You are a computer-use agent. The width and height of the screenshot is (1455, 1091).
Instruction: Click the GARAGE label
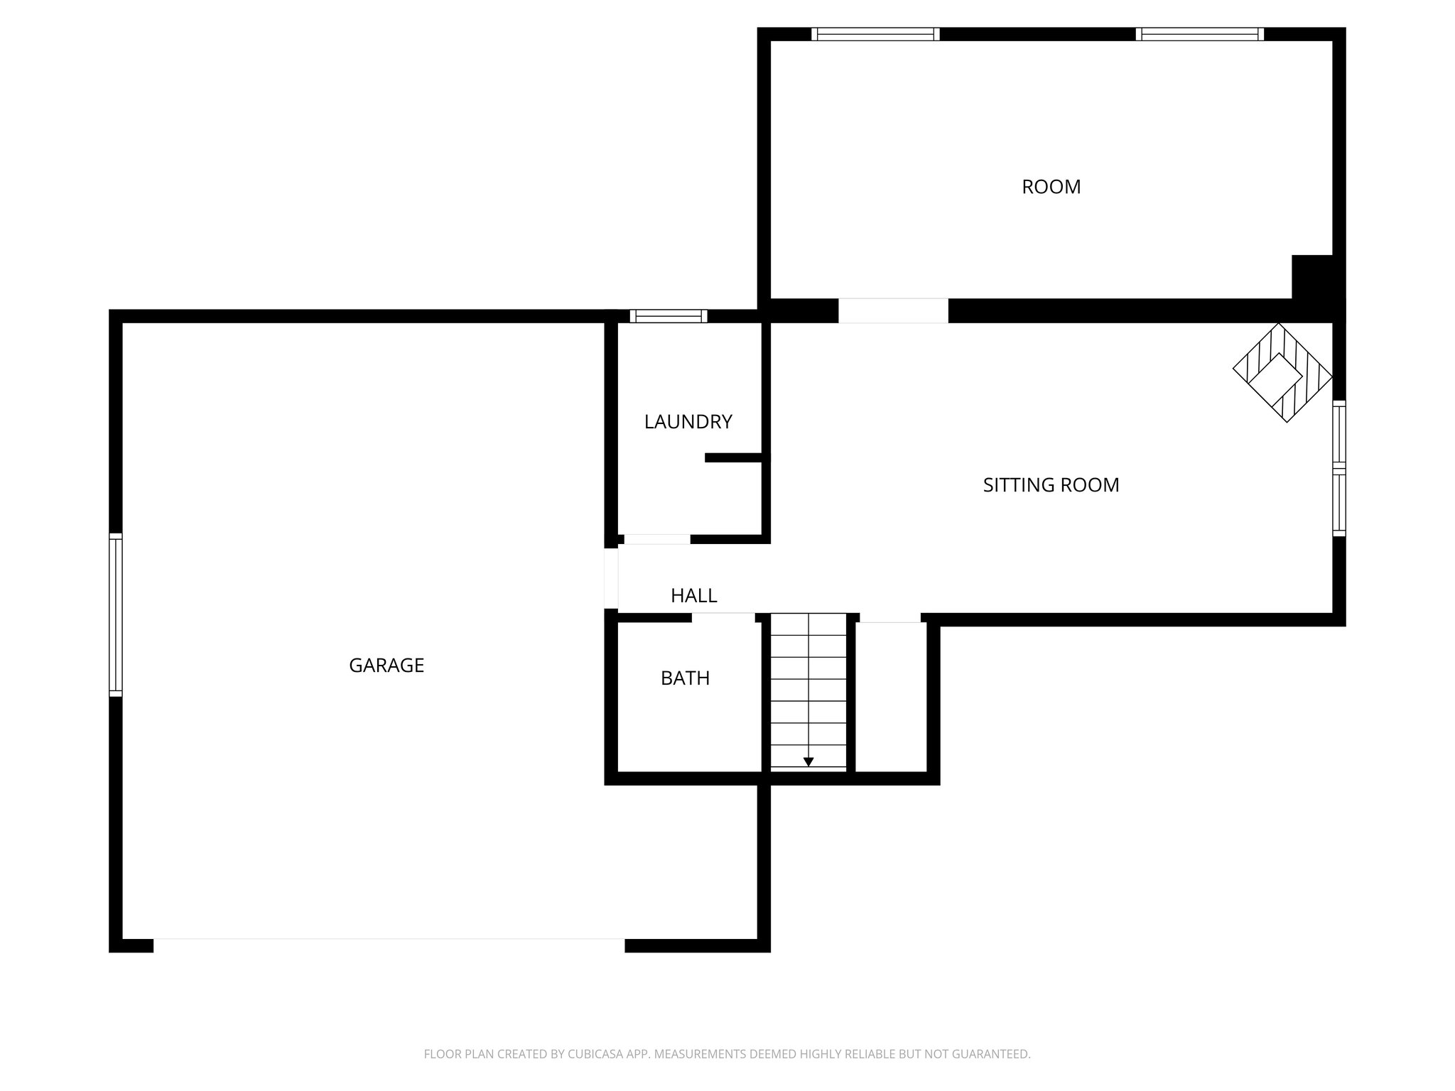[386, 666]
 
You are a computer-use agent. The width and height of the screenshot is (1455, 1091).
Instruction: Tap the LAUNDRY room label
[688, 422]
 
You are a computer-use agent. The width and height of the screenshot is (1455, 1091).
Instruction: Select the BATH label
[685, 678]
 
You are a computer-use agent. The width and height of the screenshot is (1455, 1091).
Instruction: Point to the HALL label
[693, 596]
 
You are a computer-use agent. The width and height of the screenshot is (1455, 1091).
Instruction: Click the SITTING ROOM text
[1051, 485]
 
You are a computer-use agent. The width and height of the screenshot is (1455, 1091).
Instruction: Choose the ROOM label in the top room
[1051, 187]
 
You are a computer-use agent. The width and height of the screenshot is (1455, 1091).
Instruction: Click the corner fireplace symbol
[1282, 374]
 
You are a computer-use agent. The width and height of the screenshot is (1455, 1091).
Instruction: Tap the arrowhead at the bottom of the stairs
[808, 762]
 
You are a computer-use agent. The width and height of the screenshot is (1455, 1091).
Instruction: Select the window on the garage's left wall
[116, 614]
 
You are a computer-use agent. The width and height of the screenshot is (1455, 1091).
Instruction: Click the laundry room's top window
[669, 316]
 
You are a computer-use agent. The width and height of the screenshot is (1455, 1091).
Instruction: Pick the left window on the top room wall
[875, 34]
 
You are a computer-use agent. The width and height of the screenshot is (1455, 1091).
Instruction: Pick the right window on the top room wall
[1200, 34]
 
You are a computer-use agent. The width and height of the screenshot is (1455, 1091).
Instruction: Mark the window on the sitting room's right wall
[1338, 468]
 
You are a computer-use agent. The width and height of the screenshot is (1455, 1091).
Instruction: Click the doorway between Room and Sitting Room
[893, 311]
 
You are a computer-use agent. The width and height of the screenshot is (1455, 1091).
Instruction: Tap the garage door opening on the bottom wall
[389, 945]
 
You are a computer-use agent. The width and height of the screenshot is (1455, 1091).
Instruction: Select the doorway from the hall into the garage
[611, 578]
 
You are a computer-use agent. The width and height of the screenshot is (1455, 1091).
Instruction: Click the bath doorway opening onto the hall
[723, 617]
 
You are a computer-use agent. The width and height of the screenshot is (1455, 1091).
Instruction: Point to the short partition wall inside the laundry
[735, 458]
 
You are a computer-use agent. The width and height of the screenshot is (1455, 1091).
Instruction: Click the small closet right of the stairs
[891, 696]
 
